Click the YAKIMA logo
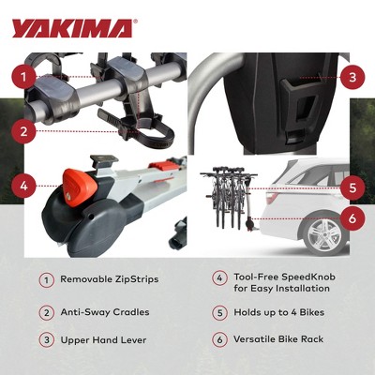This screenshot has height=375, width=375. (73, 28)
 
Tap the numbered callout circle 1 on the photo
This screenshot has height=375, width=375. (27, 74)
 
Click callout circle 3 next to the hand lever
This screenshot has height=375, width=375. (350, 78)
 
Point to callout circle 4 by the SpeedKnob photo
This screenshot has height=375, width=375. (27, 186)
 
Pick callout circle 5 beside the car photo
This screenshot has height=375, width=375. (350, 187)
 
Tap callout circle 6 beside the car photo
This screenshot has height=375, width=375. (350, 218)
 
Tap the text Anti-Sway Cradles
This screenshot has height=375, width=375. (104, 312)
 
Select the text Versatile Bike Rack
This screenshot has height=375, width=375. (278, 338)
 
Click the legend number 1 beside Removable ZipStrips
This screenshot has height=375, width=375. (45, 279)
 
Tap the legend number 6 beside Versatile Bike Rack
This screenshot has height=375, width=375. (218, 338)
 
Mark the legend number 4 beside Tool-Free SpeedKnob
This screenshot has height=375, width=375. (218, 278)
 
